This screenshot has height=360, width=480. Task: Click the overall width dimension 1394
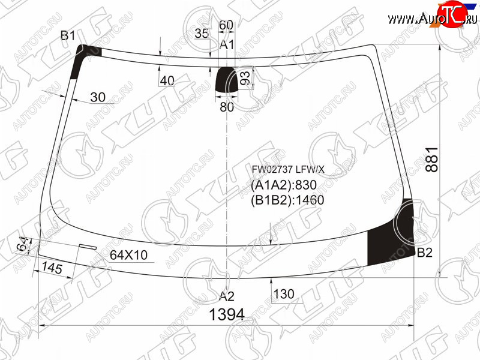pyautogui.click(x=227, y=314)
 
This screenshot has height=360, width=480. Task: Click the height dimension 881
pyautogui.click(x=432, y=160)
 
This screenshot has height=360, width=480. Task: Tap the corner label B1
pyautogui.click(x=68, y=36)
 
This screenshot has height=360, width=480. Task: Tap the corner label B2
pyautogui.click(x=425, y=253)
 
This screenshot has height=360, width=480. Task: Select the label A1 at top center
pyautogui.click(x=227, y=44)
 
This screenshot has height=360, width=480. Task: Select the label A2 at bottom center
pyautogui.click(x=227, y=296)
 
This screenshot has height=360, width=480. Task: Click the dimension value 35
pyautogui.click(x=202, y=34)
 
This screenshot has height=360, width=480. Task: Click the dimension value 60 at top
pyautogui.click(x=226, y=25)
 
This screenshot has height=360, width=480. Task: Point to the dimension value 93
pyautogui.click(x=245, y=78)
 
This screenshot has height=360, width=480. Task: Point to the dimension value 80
pyautogui.click(x=227, y=107)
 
